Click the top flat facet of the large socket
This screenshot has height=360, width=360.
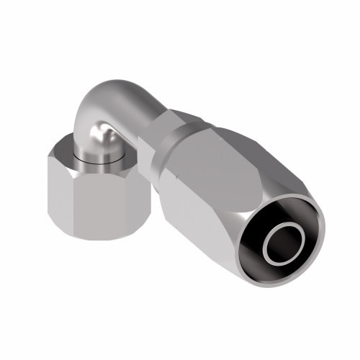tap(216, 155)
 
